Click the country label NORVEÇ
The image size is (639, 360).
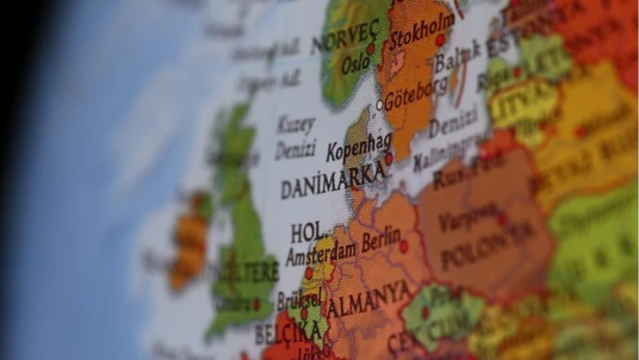pyautogui.click(x=346, y=37)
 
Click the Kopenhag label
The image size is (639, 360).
pyautogui.click(x=359, y=146)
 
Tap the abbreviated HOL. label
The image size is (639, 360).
pyautogui.click(x=310, y=231)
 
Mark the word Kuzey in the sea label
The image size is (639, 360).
pyautogui.click(x=295, y=124)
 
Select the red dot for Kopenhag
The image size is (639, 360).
pyautogui.click(x=389, y=159)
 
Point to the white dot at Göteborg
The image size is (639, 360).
pyautogui.click(x=380, y=106)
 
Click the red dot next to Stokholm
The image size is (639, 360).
pyautogui.click(x=440, y=39)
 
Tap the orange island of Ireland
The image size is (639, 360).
pyautogui.click(x=189, y=241)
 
